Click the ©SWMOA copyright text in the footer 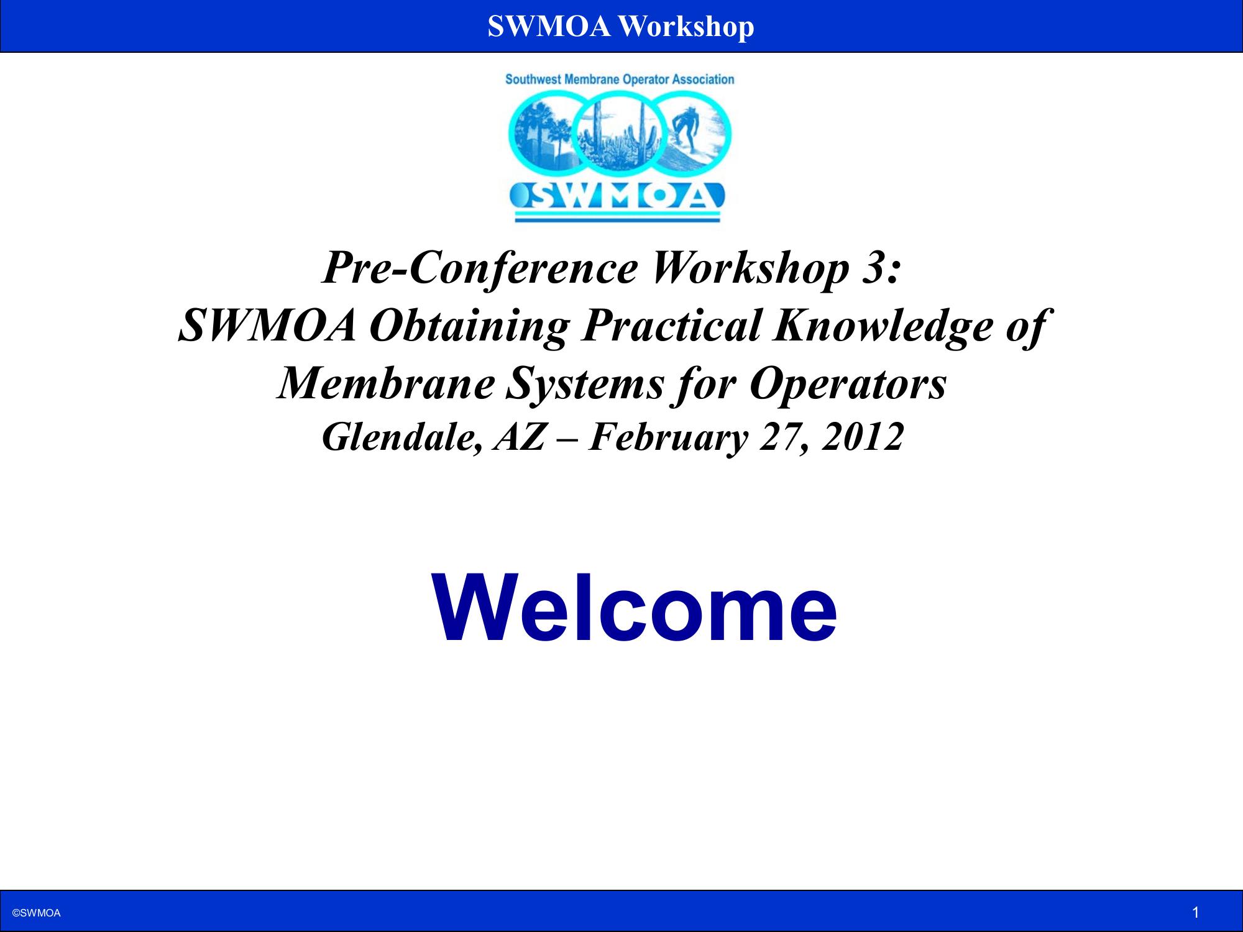tap(37, 913)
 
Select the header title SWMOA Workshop tap(621, 26)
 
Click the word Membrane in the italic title tap(385, 383)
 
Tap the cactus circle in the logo tap(620, 134)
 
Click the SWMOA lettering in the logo tap(617, 196)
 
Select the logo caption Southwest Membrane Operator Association tap(620, 80)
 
